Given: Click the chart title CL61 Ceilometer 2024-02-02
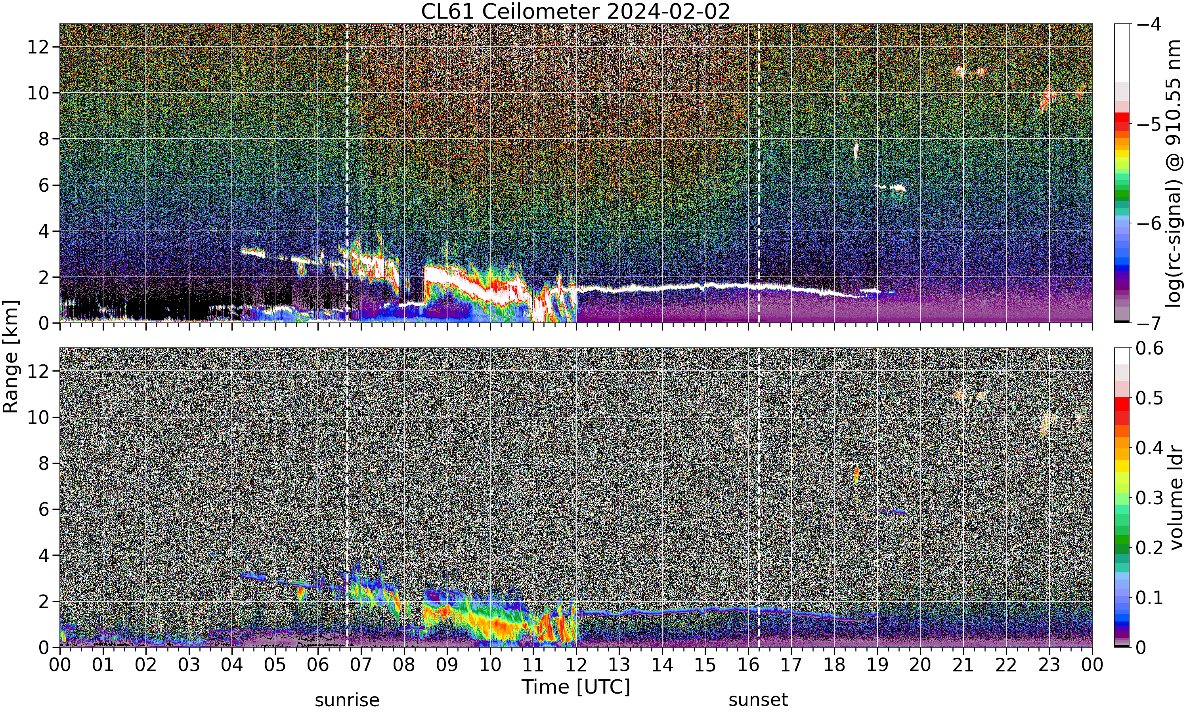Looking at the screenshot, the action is tap(575, 11).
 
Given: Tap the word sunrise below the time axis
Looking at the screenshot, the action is tap(347, 700).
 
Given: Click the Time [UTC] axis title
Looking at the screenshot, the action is tap(575, 687).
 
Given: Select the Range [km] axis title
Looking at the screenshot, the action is tap(11, 356).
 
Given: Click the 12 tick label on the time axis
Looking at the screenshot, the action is tap(576, 665).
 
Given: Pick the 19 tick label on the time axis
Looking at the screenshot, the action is tap(877, 665).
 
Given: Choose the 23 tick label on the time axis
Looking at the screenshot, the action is tap(1049, 665).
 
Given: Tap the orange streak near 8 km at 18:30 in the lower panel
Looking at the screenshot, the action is tap(856, 475).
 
